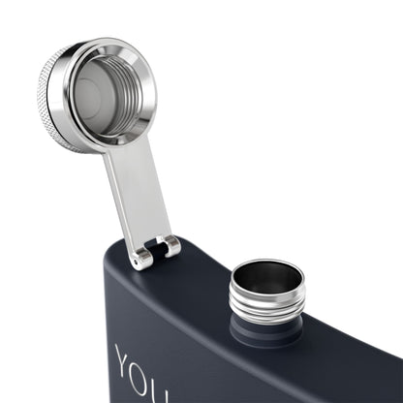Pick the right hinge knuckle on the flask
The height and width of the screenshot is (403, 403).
click(x=170, y=246)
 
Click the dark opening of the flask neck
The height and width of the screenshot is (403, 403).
click(x=266, y=278)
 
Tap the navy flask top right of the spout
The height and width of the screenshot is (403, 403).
click(x=358, y=310)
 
